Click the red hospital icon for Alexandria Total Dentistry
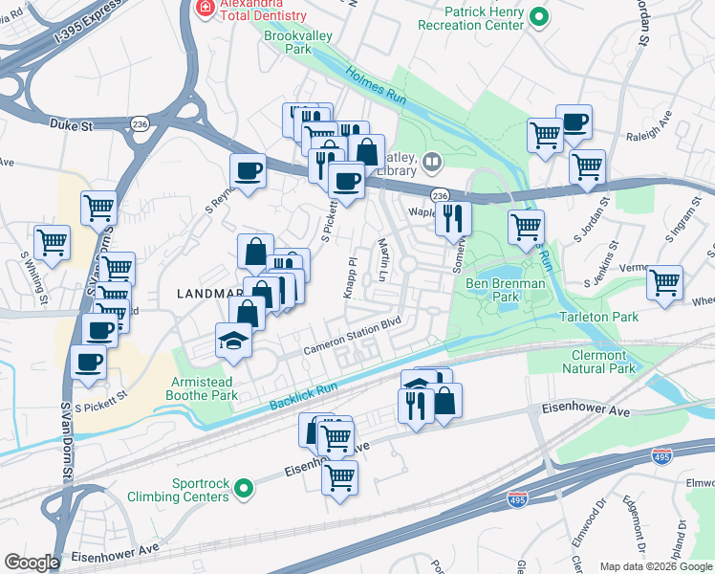pyautogui.click(x=203, y=8)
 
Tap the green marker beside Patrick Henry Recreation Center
pyautogui.click(x=539, y=16)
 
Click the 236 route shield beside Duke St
pyautogui.click(x=141, y=124)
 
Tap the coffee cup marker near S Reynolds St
pyautogui.click(x=249, y=172)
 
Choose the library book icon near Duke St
pyautogui.click(x=433, y=163)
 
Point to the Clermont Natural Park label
pyautogui.click(x=597, y=361)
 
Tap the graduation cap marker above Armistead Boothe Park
pyautogui.click(x=232, y=341)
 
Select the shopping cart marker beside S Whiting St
pyautogui.click(x=52, y=241)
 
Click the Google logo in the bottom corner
pyautogui.click(x=32, y=563)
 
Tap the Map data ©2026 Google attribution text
pyautogui.click(x=655, y=566)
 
